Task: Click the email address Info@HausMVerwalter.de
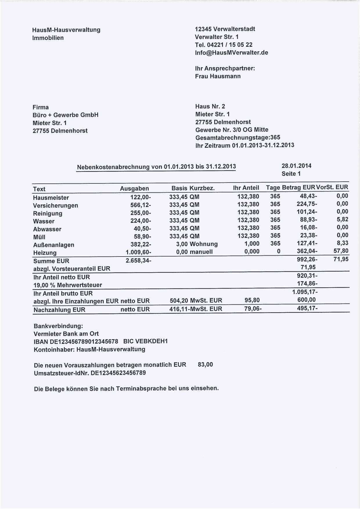click(231, 53)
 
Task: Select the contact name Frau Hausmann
click(218, 76)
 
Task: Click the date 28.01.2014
click(296, 166)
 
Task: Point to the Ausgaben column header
click(134, 189)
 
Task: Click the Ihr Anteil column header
click(246, 188)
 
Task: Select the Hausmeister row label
click(51, 198)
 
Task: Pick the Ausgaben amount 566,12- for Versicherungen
click(141, 205)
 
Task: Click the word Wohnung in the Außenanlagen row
click(204, 244)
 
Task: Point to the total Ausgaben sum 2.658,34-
click(138, 260)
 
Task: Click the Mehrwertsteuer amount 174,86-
click(307, 284)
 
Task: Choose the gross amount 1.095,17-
click(305, 292)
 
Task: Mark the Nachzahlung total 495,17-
click(307, 308)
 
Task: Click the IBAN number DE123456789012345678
click(84, 342)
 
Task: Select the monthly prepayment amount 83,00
click(205, 364)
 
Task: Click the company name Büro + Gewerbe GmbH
click(65, 115)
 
